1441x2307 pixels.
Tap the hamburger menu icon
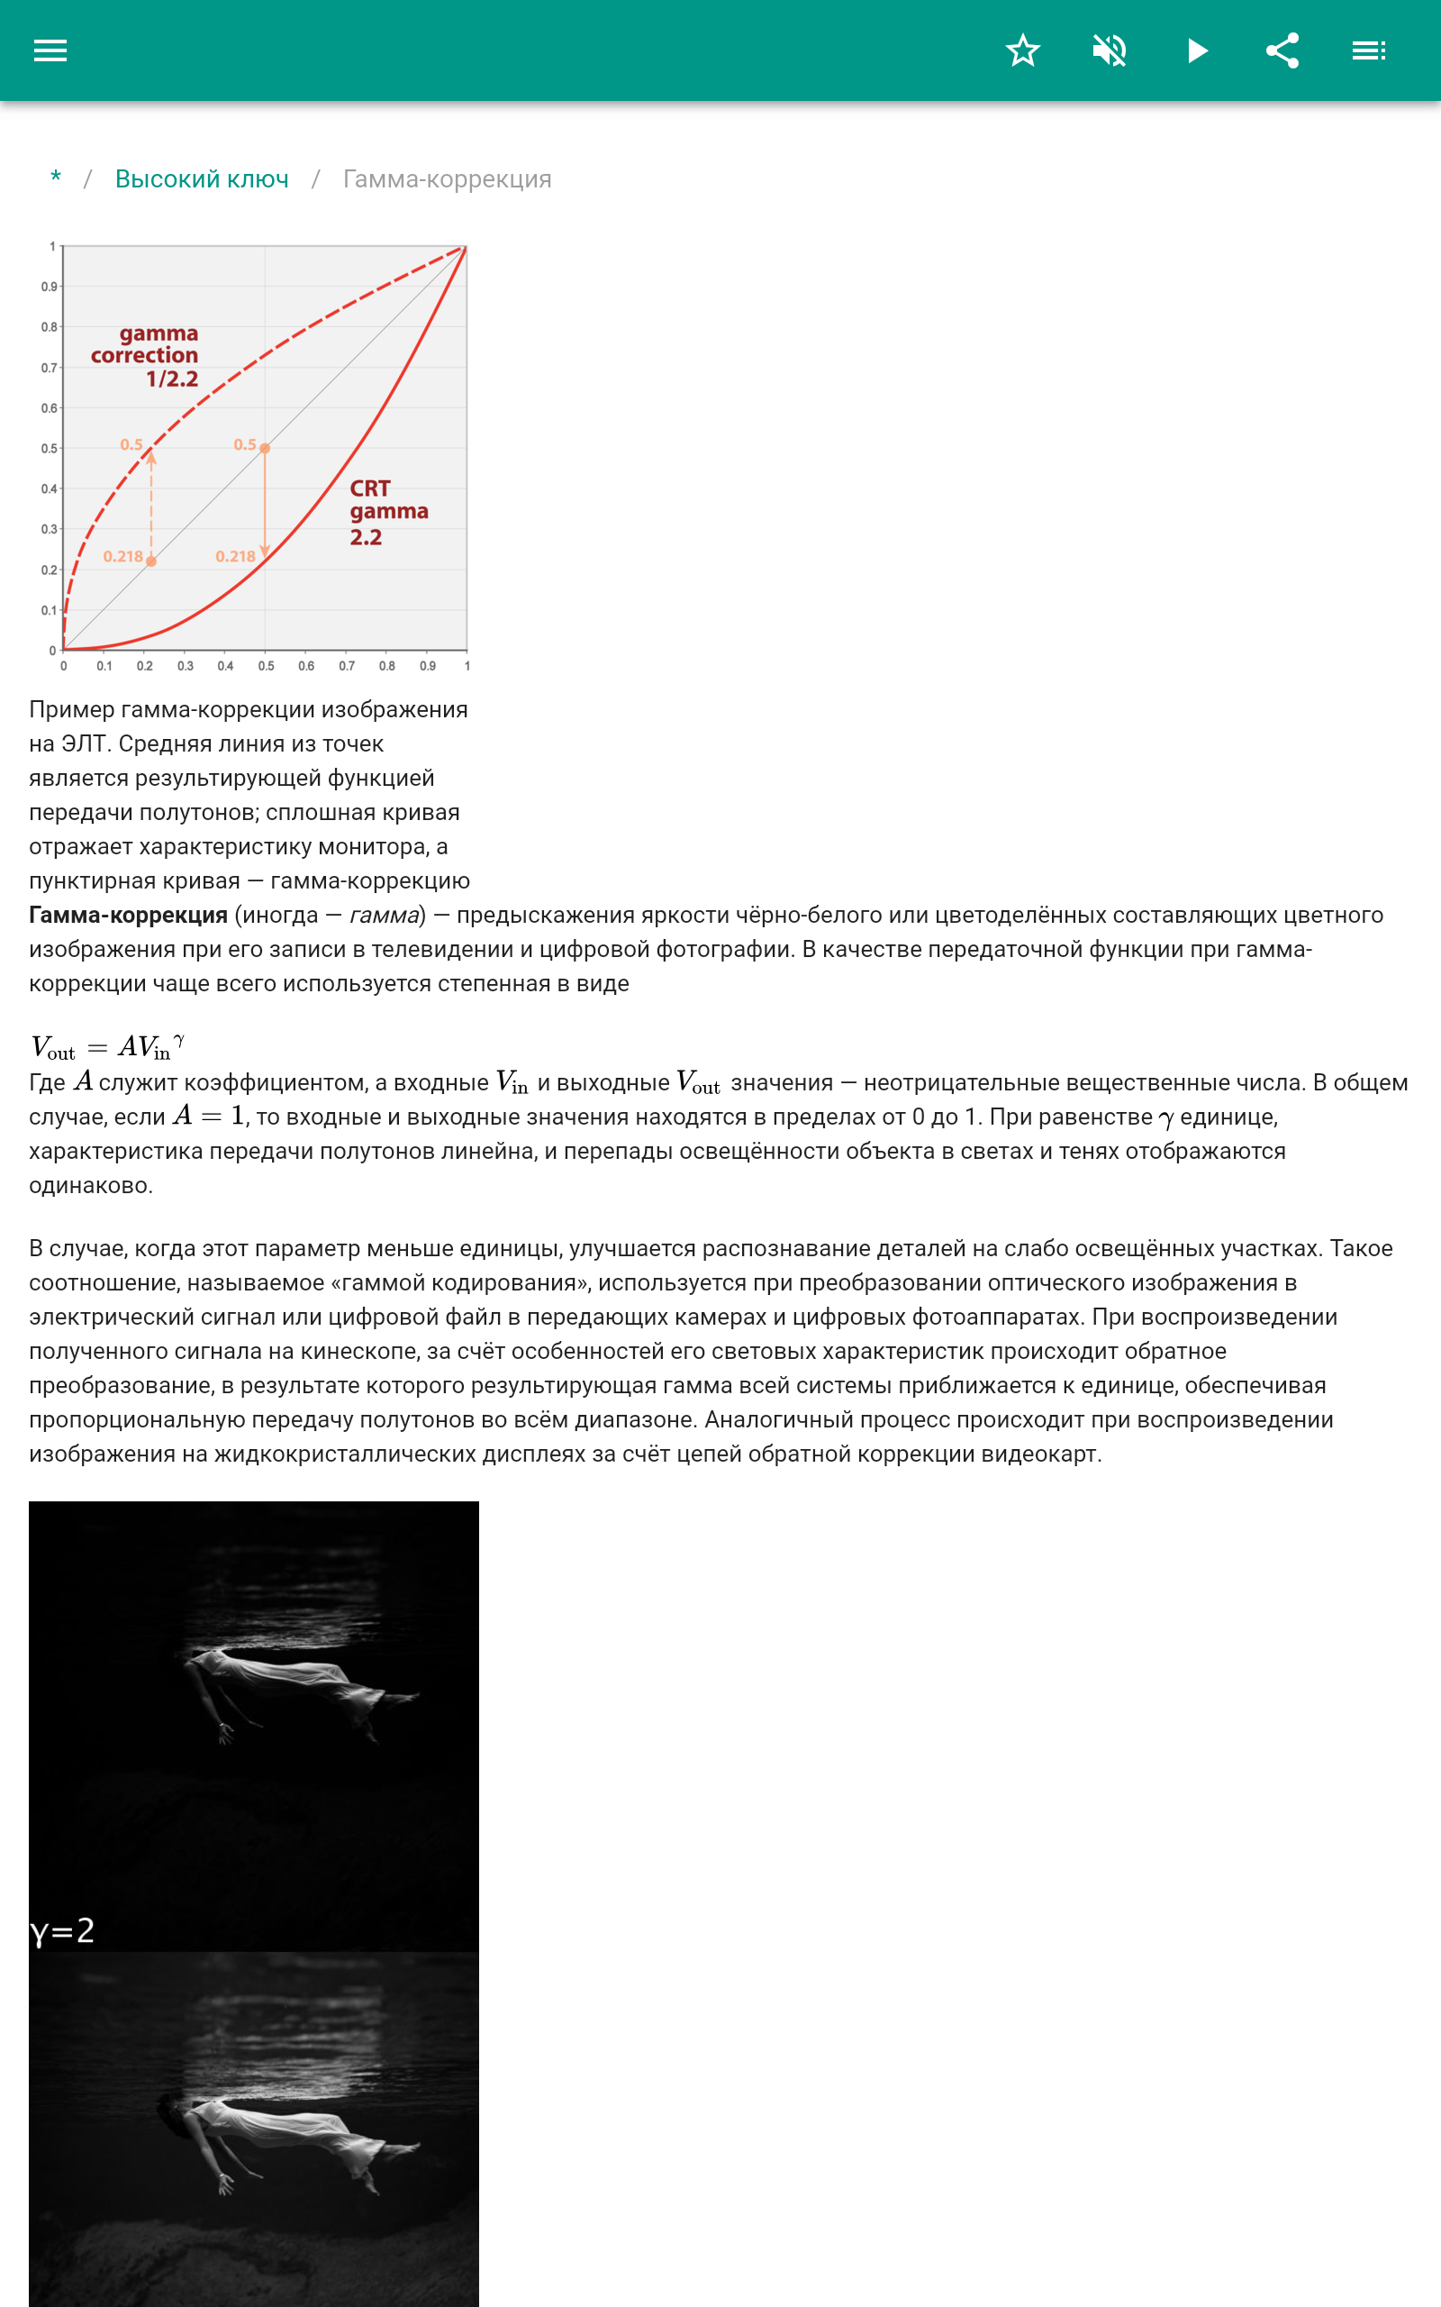click(50, 50)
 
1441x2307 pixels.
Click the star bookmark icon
click(1022, 50)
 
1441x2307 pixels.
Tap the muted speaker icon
click(1110, 50)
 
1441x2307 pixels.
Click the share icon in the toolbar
click(1282, 50)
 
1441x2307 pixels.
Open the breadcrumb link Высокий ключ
click(201, 179)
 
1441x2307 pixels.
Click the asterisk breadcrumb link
click(56, 178)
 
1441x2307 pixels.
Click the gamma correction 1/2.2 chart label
click(146, 356)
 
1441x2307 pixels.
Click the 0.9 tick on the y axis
click(48, 287)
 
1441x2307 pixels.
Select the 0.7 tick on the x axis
click(347, 666)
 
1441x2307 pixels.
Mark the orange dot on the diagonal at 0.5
click(265, 448)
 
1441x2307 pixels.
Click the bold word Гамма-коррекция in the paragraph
click(128, 916)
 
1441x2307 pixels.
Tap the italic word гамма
click(384, 916)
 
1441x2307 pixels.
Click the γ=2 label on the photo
click(63, 1930)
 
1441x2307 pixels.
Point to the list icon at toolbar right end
click(1369, 50)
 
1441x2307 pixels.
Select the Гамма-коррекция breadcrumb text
click(447, 179)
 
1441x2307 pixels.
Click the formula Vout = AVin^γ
click(108, 1047)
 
